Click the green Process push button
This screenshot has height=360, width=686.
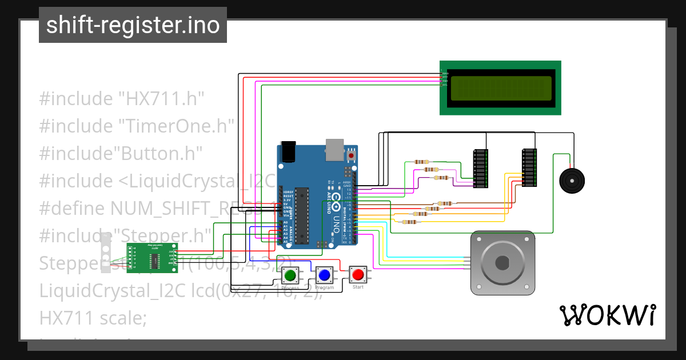290,275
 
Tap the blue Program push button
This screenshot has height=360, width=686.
324,275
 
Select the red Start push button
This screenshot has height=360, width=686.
358,274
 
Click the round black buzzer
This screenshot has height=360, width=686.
572,181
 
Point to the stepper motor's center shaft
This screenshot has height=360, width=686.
502,263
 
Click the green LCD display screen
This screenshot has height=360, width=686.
501,89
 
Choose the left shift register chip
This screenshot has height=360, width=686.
481,169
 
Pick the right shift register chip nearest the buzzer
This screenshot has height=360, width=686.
530,168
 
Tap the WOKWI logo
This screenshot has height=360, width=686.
607,315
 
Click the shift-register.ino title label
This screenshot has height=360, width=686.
133,25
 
